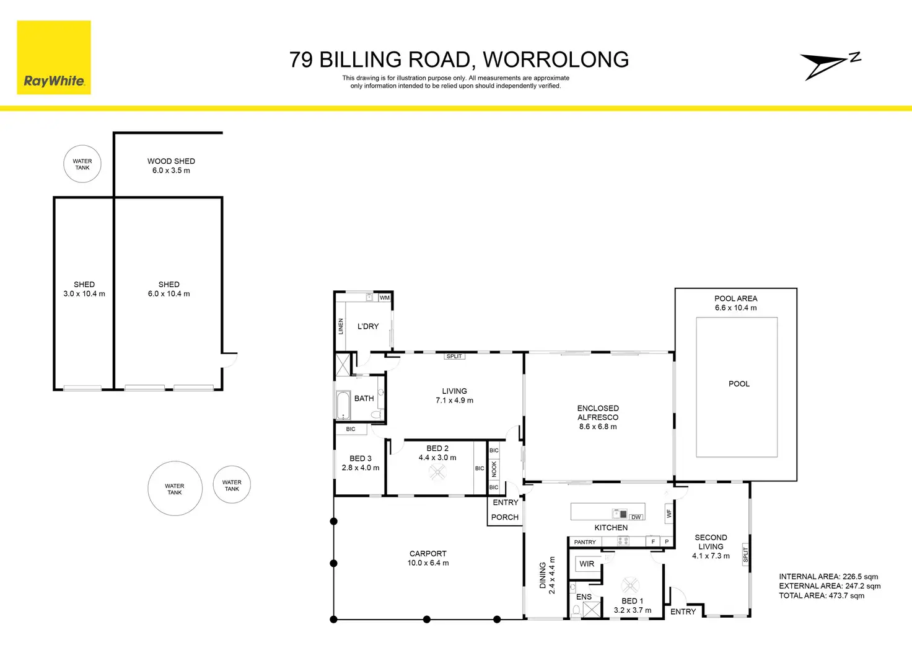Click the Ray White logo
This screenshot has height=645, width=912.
tap(54, 58)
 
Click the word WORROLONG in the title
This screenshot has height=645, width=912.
tap(556, 60)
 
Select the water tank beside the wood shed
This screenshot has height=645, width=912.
tap(82, 164)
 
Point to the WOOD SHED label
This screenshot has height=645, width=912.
tap(171, 161)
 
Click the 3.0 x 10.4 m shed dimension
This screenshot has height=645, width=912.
tap(84, 294)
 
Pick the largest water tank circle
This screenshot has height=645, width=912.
tap(175, 489)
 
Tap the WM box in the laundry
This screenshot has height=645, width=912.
tap(385, 298)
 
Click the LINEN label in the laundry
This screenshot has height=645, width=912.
tap(341, 326)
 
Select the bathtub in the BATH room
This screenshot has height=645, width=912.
tap(343, 406)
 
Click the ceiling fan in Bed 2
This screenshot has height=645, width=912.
tap(437, 473)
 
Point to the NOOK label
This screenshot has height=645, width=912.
tap(494, 469)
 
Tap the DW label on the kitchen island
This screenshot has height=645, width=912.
tap(636, 517)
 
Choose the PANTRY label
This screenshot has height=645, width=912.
tap(585, 542)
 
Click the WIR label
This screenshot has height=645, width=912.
tap(587, 564)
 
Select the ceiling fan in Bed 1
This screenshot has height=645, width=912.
tap(630, 585)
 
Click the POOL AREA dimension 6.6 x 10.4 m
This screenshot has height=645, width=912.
tap(735, 308)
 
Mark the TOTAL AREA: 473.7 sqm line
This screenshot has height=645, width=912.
tap(822, 596)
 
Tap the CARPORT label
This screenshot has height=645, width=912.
tap(428, 554)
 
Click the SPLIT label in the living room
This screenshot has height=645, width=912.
tap(454, 356)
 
